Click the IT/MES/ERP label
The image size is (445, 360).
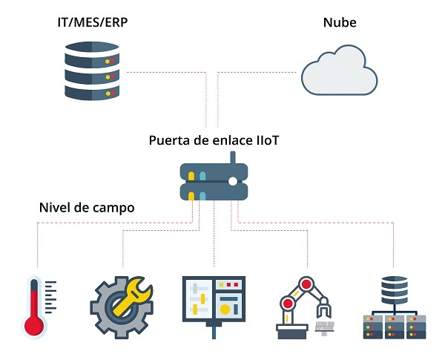click(x=92, y=23)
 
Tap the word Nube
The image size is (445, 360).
click(x=339, y=23)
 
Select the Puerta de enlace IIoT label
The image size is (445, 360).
click(x=214, y=140)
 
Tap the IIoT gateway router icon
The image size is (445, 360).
click(x=214, y=182)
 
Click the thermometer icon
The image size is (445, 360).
click(x=34, y=307)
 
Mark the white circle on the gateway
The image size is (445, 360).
click(x=233, y=181)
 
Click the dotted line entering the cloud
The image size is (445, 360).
click(x=297, y=73)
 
